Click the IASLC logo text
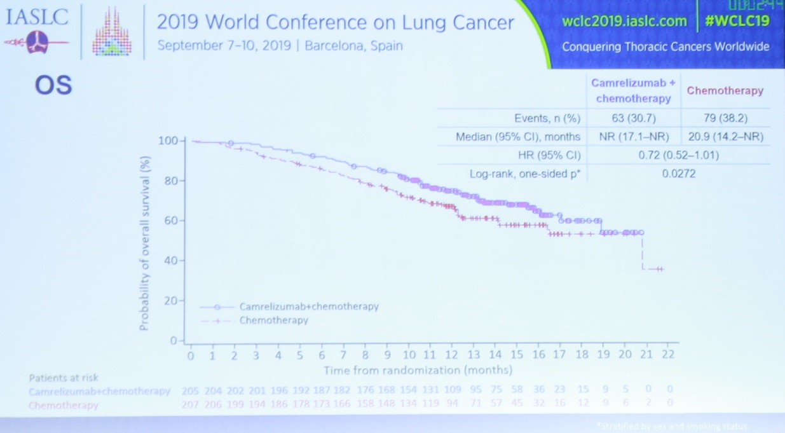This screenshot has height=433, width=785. coord(36,17)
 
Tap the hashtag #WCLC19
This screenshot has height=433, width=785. coord(737,21)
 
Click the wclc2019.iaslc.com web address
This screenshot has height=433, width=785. coord(624,21)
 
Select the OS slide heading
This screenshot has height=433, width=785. coord(53,86)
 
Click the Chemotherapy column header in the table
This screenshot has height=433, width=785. coord(725,91)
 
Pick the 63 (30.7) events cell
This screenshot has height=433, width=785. coord(632,118)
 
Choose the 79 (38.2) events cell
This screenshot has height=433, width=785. coord(725,118)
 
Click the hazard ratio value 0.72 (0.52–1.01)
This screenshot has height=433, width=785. coord(678,155)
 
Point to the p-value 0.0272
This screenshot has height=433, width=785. coord(678,172)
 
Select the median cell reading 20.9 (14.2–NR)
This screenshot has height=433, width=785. coord(725,136)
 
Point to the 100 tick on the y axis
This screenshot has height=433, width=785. coord(168,140)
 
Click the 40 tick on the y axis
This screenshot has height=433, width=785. coord(170,261)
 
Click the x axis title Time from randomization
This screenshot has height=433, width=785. coord(418,370)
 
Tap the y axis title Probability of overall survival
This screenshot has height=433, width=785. coord(144,235)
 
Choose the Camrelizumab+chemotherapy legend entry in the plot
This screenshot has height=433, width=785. coord(308,306)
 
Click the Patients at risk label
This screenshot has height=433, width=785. coord(64,378)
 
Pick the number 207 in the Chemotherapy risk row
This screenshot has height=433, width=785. coord(189,404)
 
